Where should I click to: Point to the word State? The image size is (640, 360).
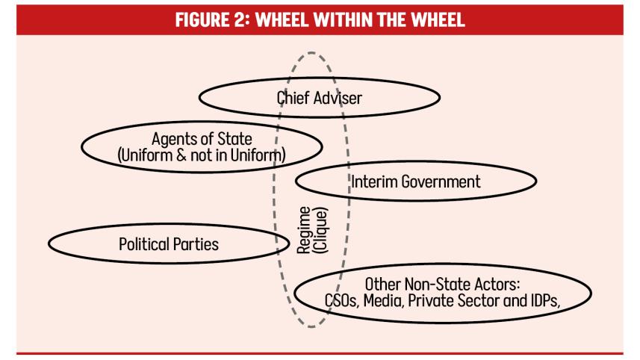tap(234, 139)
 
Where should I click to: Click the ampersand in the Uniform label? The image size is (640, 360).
tap(181, 155)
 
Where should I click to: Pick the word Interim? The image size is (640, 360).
tap(374, 181)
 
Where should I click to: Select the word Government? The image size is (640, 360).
tap(441, 182)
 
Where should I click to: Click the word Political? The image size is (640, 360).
tap(143, 244)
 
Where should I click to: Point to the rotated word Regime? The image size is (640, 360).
tap(304, 230)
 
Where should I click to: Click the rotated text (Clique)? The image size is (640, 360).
tap(320, 230)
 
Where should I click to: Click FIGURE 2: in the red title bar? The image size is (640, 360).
tap(212, 19)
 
